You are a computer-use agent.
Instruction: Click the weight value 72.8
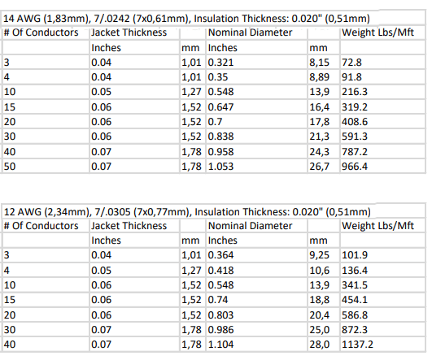pos(351,63)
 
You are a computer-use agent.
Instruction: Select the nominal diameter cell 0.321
pos(220,63)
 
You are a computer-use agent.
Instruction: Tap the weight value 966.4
pos(355,167)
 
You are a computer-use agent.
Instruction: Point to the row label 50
pos(10,167)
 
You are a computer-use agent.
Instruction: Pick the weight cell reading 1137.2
pos(357,345)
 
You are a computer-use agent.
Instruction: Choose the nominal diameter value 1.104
pos(220,345)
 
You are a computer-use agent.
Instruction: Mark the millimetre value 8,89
pos(319,77)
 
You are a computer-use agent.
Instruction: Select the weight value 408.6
pos(355,122)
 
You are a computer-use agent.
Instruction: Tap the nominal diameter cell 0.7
pos(215,122)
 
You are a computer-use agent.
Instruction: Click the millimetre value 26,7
pos(319,167)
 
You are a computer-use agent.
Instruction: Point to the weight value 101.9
pos(355,255)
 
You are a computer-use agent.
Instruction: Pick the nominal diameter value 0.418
pos(220,271)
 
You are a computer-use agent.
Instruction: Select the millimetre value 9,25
pos(319,255)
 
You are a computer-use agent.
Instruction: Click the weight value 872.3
pos(355,330)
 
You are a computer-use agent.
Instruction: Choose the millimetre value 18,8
pos(319,300)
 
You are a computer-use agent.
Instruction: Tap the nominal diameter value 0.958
pos(220,152)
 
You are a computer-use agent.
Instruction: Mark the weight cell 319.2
pos(355,107)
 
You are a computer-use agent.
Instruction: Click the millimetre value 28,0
pos(319,345)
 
